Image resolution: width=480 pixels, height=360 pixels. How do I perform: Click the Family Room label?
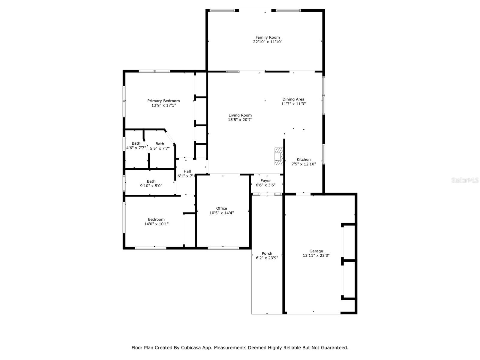click(x=268, y=37)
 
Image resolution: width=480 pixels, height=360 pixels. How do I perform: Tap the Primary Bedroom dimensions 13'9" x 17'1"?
click(x=163, y=105)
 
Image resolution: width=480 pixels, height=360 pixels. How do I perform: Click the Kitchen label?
click(x=304, y=160)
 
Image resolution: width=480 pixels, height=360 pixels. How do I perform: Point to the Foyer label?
click(x=265, y=181)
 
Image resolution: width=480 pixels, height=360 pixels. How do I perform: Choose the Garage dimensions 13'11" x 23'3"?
click(x=316, y=256)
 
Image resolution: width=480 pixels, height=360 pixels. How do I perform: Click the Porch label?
click(x=267, y=253)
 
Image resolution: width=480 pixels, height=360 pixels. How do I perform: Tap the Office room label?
click(x=221, y=208)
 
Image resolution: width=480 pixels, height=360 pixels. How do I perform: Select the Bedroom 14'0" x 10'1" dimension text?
click(x=156, y=224)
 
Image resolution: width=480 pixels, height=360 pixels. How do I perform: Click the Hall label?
click(x=187, y=171)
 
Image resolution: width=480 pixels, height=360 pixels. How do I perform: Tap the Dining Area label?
click(x=293, y=99)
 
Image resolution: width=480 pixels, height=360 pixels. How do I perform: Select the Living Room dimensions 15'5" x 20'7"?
click(x=240, y=120)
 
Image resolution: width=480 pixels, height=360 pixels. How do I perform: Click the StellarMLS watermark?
click(x=465, y=180)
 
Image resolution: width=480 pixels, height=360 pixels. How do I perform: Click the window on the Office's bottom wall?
click(x=223, y=248)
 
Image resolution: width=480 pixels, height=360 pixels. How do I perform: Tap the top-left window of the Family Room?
click(x=222, y=10)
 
